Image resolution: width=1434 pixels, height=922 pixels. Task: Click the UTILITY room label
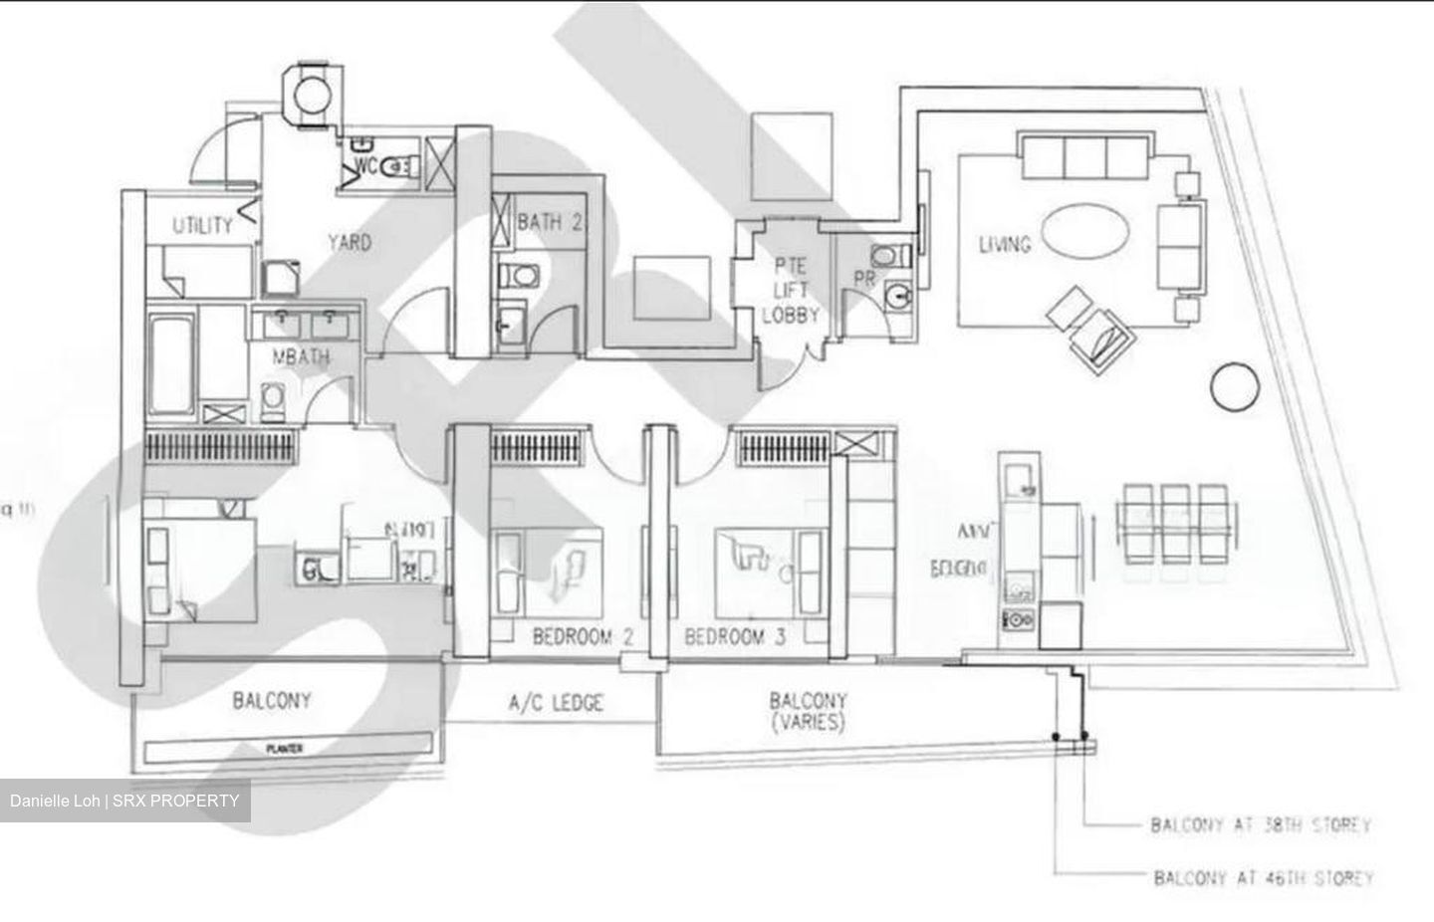click(x=202, y=226)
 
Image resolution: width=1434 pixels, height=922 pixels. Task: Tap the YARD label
click(x=350, y=242)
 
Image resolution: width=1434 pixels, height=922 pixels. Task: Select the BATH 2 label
click(x=549, y=222)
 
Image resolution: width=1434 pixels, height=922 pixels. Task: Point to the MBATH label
click(x=302, y=356)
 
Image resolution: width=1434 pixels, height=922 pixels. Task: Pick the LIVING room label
click(x=1004, y=243)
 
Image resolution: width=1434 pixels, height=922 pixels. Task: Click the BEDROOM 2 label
click(x=583, y=637)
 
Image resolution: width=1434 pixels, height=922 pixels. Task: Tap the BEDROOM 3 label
click(x=735, y=637)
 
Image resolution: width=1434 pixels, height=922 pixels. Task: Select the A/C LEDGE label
click(x=556, y=703)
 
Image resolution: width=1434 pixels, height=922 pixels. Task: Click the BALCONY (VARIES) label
click(x=808, y=711)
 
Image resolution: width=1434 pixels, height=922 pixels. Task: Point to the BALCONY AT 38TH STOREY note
click(x=1261, y=825)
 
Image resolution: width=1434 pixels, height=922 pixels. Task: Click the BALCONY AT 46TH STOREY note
click(x=1263, y=878)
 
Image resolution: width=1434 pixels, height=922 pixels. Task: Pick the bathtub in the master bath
click(x=171, y=366)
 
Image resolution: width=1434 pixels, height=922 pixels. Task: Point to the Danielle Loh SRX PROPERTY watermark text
click(x=124, y=801)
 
